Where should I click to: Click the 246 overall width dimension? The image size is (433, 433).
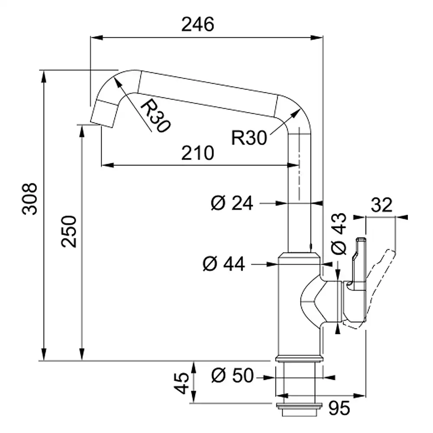click(197, 25)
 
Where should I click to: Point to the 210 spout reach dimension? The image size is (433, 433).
click(197, 153)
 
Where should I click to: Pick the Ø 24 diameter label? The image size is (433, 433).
click(232, 203)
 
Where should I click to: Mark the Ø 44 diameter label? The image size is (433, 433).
click(223, 263)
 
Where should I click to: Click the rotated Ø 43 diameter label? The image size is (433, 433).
click(339, 234)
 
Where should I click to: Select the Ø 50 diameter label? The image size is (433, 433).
click(232, 376)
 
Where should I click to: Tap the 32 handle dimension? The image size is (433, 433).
click(381, 204)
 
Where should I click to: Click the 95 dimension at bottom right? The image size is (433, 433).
click(339, 407)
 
